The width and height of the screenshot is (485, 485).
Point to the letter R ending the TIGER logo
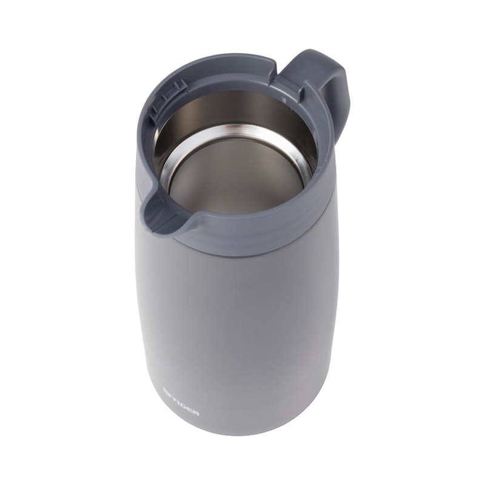[x=196, y=413]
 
